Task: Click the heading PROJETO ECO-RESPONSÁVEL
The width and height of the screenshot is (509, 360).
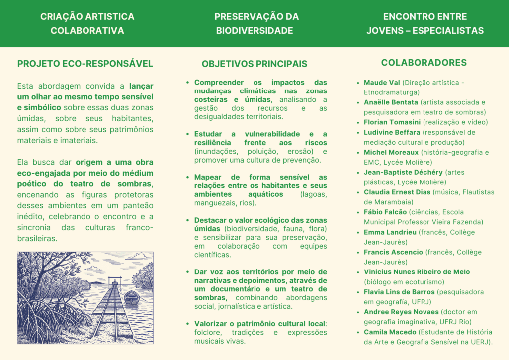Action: point(85,64)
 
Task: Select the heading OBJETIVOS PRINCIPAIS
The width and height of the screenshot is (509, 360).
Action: point(254,64)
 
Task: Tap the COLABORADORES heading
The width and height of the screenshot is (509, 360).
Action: point(424,62)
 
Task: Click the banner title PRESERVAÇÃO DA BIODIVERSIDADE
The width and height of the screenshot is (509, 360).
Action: point(254,23)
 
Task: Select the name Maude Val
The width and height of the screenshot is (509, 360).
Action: point(381,82)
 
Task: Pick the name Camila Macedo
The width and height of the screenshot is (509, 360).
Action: point(389,332)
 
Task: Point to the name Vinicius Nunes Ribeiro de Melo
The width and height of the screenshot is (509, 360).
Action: point(417,272)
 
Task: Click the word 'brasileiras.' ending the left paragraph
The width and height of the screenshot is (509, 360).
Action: point(37,238)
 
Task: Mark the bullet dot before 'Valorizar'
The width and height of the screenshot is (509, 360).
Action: point(188,323)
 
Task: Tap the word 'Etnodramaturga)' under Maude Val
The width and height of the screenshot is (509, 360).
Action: point(392,92)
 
